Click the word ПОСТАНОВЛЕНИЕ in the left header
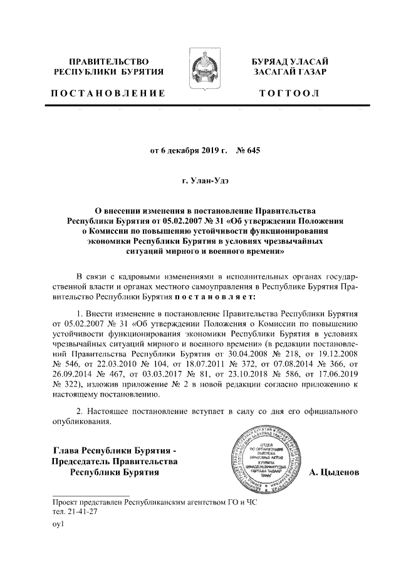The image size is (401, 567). [x=108, y=93]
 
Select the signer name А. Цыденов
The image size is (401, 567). [x=335, y=472]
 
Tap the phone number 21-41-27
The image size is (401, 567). [x=76, y=511]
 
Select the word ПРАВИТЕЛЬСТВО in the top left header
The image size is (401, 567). [x=108, y=61]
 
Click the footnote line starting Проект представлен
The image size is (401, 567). [x=155, y=502]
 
